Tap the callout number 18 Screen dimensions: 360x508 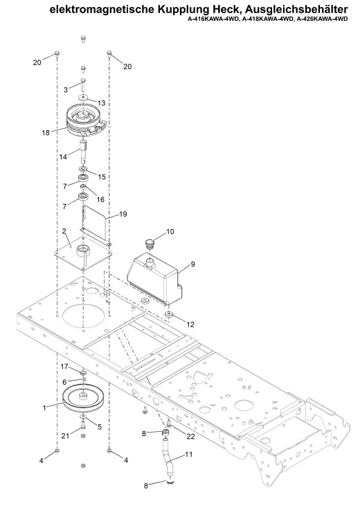[x=46, y=132]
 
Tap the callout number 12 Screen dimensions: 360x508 [x=190, y=325]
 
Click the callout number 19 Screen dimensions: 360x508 [x=123, y=214]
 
